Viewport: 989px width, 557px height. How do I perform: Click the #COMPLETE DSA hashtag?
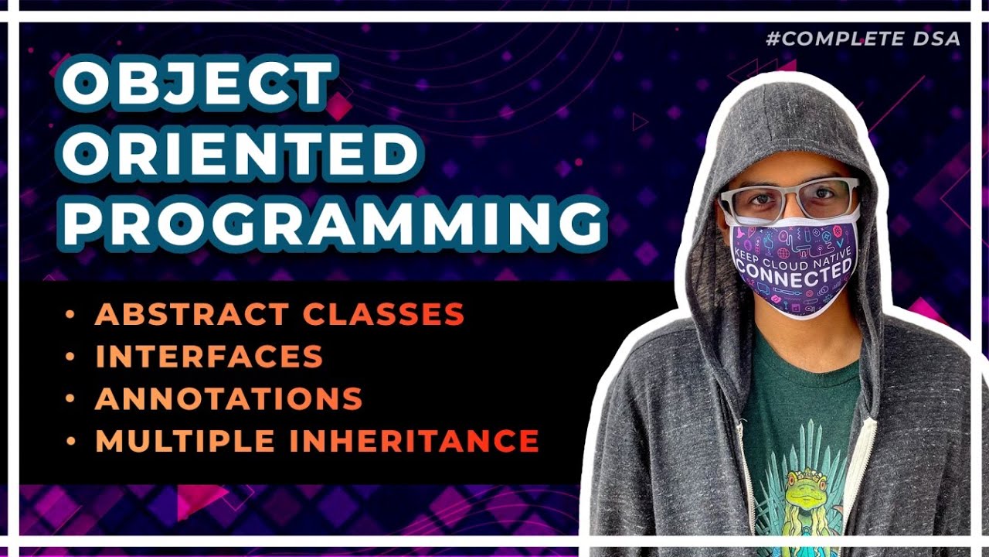862,38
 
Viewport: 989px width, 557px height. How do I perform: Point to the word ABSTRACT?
192,314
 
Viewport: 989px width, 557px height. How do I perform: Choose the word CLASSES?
383,314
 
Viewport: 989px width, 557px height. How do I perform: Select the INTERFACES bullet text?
209,357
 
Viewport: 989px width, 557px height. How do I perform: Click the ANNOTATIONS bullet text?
229,398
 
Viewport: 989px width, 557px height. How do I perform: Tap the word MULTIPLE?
185,440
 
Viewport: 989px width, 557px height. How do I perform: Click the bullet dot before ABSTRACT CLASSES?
71,314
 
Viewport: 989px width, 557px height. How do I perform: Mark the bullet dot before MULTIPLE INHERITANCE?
71,440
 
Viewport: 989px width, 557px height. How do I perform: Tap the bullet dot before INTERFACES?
71,357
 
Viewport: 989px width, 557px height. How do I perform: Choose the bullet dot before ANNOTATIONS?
71,398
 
